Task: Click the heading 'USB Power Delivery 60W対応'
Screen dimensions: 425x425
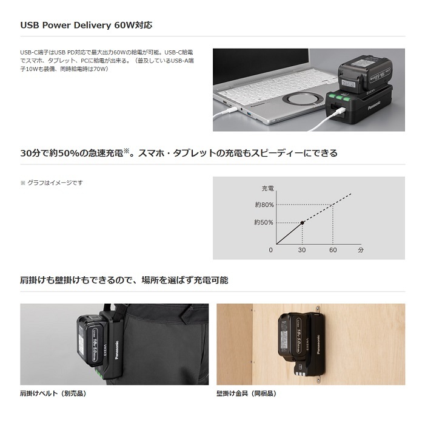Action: click(86, 25)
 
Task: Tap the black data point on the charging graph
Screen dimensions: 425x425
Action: click(302, 223)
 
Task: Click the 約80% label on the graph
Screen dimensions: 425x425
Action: click(264, 205)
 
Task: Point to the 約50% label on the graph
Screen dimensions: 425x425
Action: click(264, 223)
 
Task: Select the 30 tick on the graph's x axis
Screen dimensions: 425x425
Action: click(302, 250)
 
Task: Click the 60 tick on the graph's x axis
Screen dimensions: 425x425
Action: click(333, 250)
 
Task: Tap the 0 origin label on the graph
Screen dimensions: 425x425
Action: click(271, 250)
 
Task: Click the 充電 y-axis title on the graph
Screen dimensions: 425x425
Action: click(267, 188)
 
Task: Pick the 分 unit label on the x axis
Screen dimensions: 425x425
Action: click(361, 250)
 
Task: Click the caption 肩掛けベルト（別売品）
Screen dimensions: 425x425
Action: click(53, 393)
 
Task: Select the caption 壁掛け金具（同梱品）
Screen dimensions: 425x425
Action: click(247, 393)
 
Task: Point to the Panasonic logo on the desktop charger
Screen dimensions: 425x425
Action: click(374, 105)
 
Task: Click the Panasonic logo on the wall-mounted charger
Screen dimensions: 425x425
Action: click(318, 344)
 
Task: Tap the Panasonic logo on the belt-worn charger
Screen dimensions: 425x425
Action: click(117, 350)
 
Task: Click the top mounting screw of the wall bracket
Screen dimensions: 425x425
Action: click(318, 308)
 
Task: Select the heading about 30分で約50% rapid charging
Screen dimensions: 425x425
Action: click(179, 154)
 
